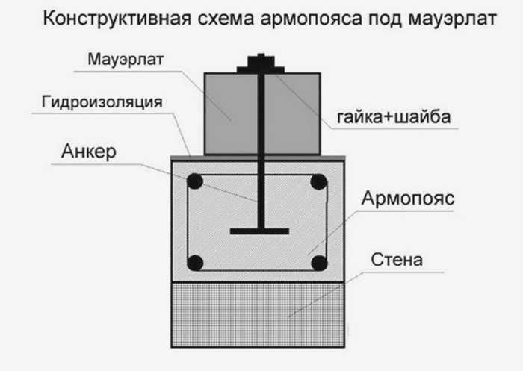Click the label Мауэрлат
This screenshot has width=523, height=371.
click(x=126, y=60)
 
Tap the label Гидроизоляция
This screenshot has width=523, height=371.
click(x=102, y=102)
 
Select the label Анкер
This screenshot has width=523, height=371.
click(x=89, y=152)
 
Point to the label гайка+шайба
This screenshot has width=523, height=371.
click(x=394, y=117)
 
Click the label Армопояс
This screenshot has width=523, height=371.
click(x=408, y=199)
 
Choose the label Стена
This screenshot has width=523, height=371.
click(x=397, y=260)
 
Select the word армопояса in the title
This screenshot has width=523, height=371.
click(x=312, y=19)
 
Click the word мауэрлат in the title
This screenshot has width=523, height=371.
click(x=453, y=19)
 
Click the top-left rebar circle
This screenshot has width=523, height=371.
click(x=195, y=181)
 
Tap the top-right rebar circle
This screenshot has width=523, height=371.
click(x=318, y=182)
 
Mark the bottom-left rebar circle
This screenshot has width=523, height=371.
click(x=195, y=263)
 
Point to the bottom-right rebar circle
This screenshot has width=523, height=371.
click(x=319, y=263)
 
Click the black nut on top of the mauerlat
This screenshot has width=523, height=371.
click(x=261, y=63)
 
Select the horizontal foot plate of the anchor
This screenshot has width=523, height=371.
click(x=259, y=231)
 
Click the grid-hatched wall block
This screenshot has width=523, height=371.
click(x=258, y=315)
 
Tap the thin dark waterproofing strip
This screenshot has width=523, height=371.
click(x=258, y=158)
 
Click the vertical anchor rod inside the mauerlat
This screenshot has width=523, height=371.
click(x=261, y=114)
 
